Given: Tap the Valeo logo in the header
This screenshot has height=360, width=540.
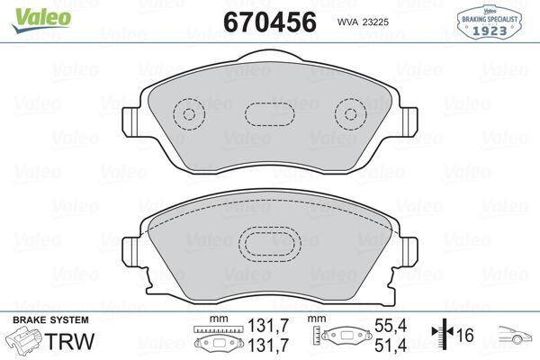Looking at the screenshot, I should tap(29, 10).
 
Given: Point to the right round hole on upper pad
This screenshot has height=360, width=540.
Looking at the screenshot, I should tap(348, 115).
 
